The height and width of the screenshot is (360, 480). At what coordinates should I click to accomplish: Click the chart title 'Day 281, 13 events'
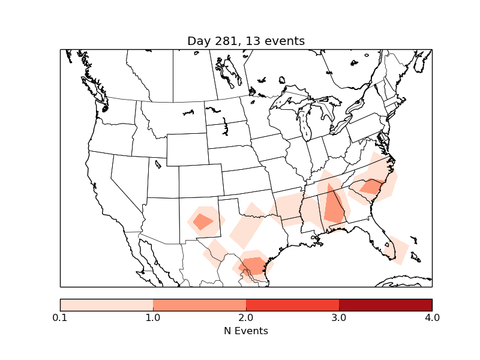pos(246,41)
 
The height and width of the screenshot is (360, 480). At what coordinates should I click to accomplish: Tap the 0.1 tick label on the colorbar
pos(60,317)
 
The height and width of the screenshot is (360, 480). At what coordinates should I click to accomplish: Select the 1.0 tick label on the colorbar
pos(153,317)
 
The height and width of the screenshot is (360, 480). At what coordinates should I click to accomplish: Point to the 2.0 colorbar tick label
pos(246,317)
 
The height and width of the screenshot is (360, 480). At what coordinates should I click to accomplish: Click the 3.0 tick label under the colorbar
pos(339,317)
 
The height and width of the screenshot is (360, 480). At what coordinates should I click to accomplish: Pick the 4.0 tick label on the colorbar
pos(432,317)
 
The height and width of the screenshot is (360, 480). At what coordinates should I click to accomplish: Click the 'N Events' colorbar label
pos(246,331)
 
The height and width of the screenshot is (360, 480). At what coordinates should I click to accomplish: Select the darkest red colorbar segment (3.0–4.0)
pos(385,305)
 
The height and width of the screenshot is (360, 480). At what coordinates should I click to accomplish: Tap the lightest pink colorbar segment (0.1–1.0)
pos(107,305)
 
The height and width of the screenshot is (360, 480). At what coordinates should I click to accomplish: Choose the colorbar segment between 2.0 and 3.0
pos(292,305)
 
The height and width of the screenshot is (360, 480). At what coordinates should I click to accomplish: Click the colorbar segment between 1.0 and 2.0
pos(199,305)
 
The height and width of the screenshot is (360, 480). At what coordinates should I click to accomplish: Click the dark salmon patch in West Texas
pos(203,221)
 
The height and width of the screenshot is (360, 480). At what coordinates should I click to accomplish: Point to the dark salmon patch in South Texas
pos(253,265)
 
